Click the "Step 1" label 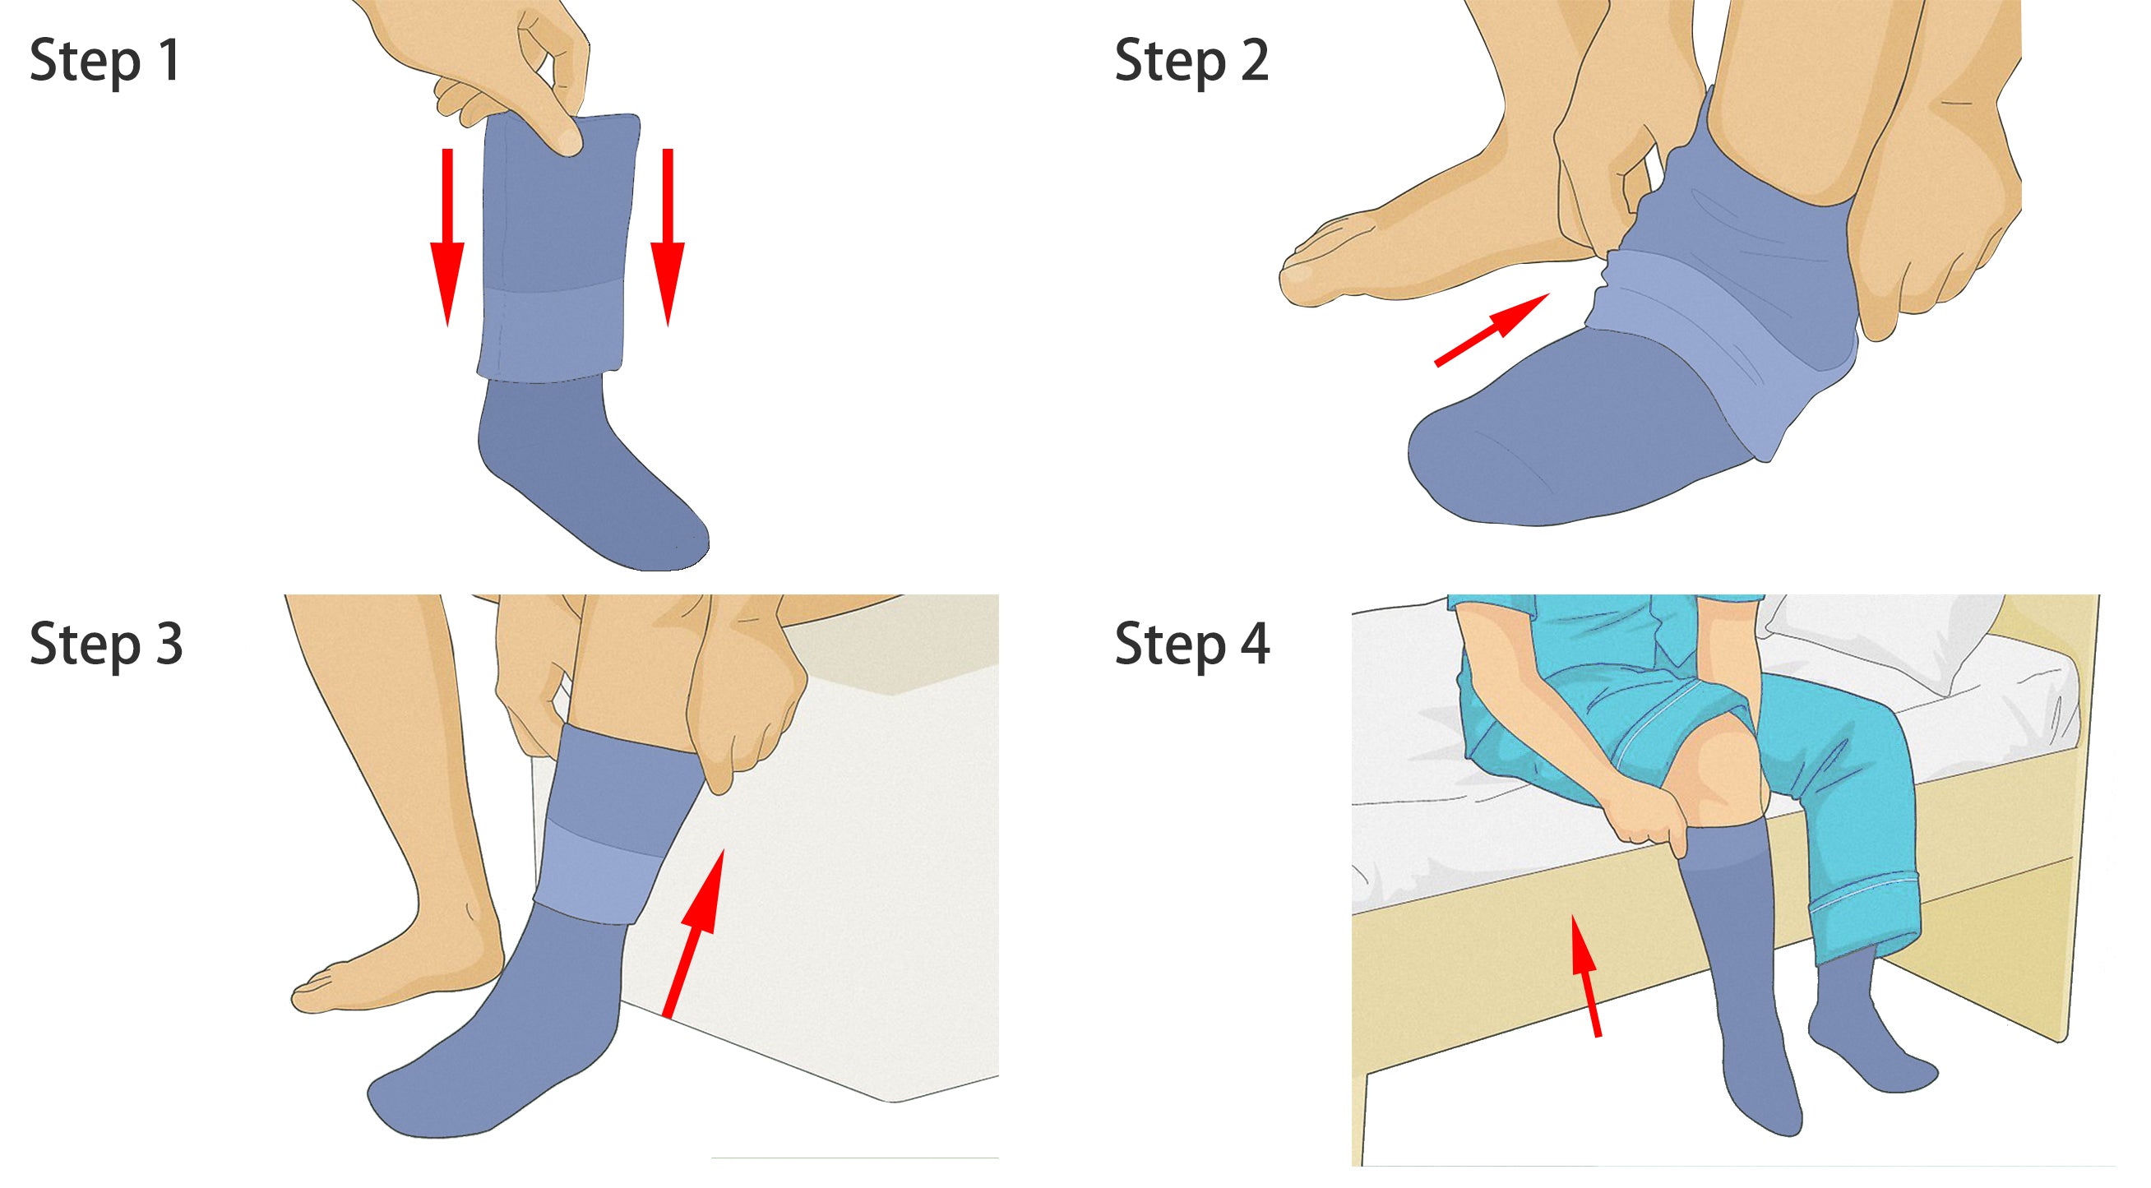pos(105,62)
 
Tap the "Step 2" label pos(1191,62)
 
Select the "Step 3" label pos(106,645)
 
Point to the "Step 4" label pos(1192,645)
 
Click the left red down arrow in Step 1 pos(447,237)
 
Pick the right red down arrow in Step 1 pos(667,237)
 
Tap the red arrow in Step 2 pos(1492,330)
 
